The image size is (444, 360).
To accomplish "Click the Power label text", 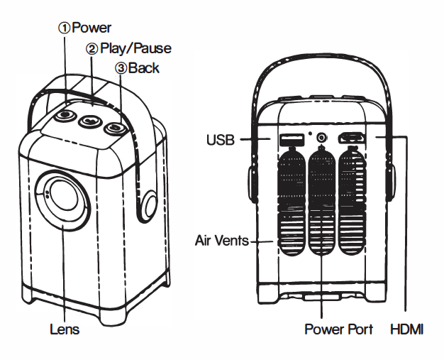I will point(91,28).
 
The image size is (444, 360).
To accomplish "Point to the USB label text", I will point(221,139).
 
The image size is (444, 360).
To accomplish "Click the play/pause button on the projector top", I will point(90,121).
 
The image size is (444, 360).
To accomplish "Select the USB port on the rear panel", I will point(289,138).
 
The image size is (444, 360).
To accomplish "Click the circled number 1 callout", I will point(65,28).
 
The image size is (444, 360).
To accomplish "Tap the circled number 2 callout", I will point(91,49).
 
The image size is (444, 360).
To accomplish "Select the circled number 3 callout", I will point(121,68).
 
